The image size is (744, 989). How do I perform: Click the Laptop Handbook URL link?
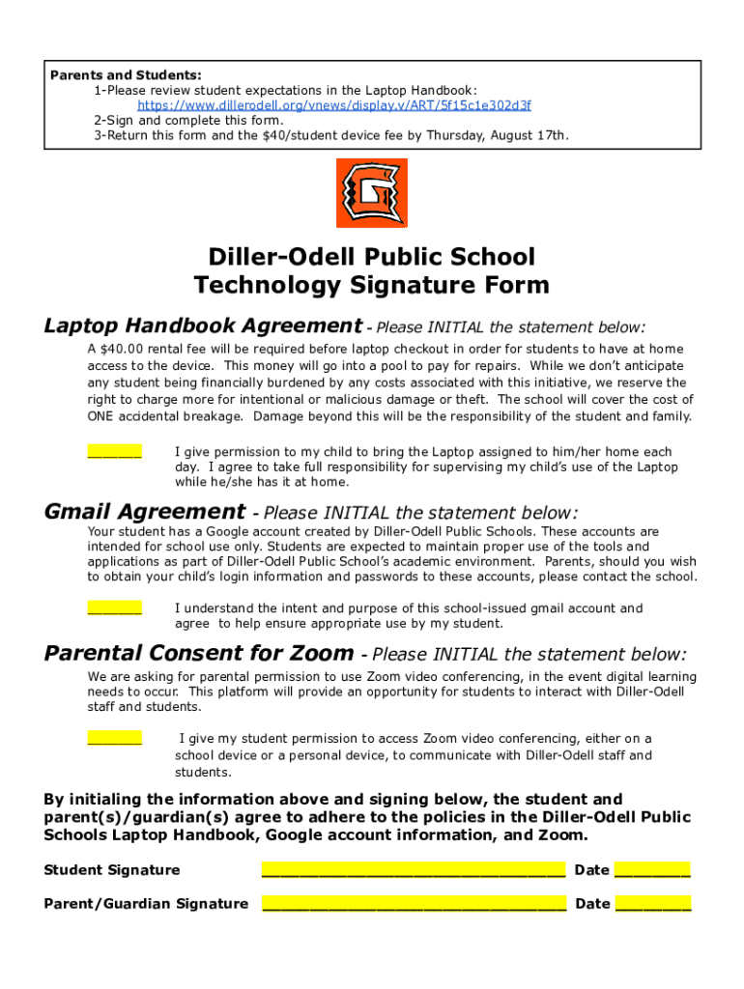point(333,105)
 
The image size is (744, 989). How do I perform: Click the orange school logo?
point(371,193)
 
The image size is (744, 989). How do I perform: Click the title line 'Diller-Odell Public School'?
point(371,257)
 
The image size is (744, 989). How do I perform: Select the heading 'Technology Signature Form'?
point(371,286)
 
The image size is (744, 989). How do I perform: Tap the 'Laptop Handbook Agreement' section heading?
point(203,326)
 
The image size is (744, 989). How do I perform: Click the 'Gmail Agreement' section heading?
point(145,512)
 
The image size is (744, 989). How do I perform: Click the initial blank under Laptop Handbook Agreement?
point(115,451)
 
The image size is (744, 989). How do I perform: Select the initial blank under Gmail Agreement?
point(115,608)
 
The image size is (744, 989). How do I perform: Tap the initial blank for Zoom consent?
point(115,738)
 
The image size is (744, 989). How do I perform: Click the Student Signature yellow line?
point(414,869)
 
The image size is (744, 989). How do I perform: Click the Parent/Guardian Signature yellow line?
point(414,903)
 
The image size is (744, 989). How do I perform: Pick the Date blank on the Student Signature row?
point(652,869)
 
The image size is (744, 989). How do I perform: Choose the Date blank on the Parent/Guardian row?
point(652,903)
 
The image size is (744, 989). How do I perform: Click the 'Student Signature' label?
point(112,870)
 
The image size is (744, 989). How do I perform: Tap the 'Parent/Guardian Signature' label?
point(146,904)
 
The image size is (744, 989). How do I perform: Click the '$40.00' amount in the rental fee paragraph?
point(121,349)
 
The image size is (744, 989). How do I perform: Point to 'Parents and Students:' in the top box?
point(127,75)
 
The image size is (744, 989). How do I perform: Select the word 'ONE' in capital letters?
point(101,417)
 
